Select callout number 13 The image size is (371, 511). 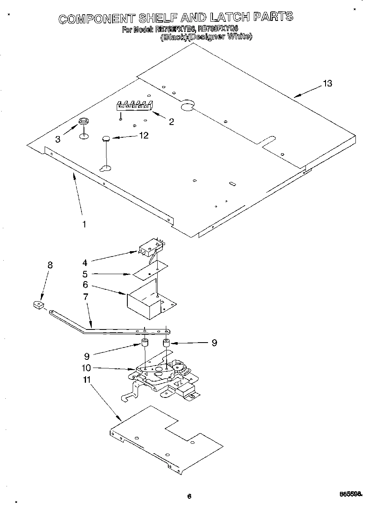tap(327, 84)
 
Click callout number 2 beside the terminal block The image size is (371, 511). tap(171, 122)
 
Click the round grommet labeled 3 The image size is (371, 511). tap(84, 121)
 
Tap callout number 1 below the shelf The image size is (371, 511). tap(84, 224)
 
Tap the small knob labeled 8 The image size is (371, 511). tap(38, 305)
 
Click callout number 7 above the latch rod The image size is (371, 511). tap(86, 297)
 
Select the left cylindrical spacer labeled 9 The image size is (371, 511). tap(145, 343)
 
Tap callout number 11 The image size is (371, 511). tap(86, 380)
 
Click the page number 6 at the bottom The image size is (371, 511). tap(189, 496)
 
